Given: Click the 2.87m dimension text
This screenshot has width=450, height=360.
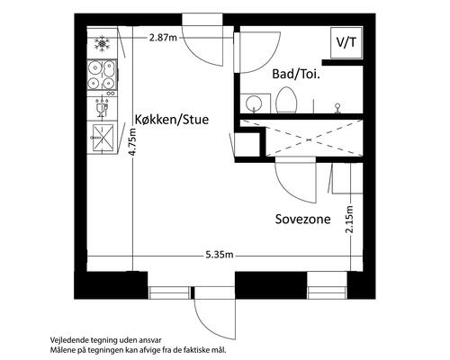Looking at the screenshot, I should tap(164, 38).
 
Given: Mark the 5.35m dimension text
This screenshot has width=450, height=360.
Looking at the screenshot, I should tap(220, 256).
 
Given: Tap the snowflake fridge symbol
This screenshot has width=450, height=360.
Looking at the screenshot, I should tap(102, 42).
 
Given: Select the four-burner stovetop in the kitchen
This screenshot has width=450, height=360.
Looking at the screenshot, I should tap(101, 76).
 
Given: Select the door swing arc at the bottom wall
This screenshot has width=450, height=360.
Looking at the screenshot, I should tap(214, 317).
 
